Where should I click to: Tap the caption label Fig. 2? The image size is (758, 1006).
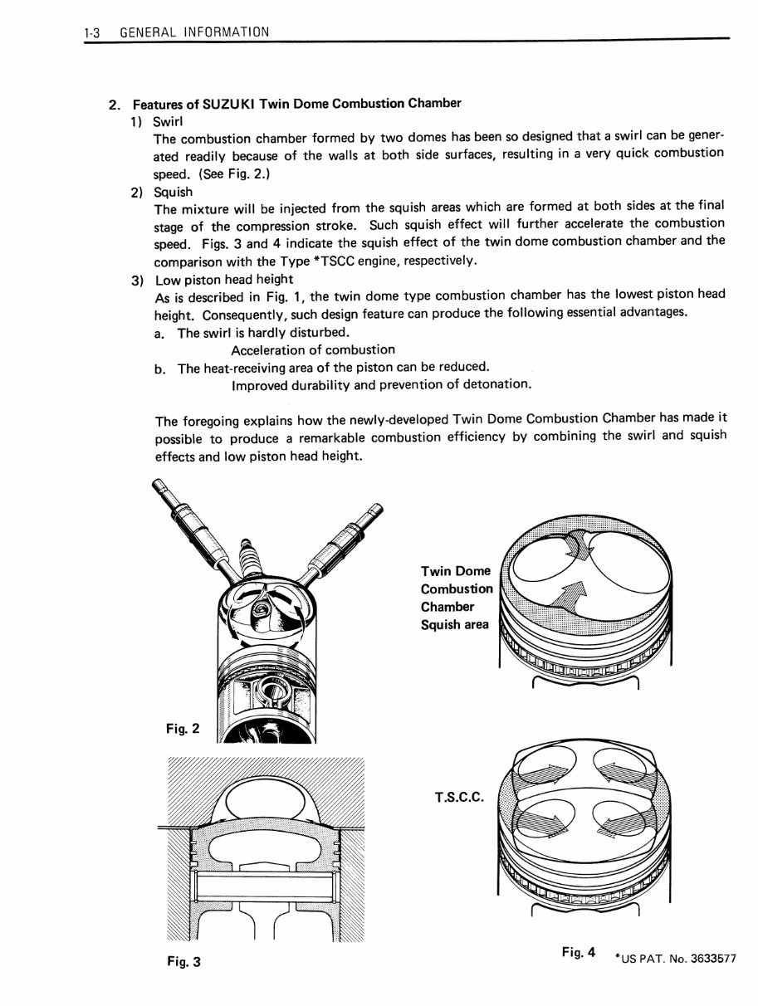click(182, 729)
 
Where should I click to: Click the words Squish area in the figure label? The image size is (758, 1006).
click(455, 625)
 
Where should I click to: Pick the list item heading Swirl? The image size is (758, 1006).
click(173, 121)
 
